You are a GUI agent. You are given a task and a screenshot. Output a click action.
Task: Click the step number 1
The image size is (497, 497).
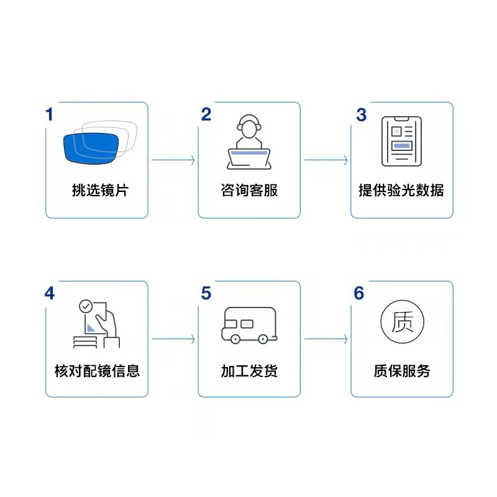(50, 114)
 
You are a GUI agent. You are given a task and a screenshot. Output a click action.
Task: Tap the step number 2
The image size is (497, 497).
(206, 114)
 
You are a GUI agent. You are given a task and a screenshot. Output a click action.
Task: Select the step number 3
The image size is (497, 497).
(361, 115)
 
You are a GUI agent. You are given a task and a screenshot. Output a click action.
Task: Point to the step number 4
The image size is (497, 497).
(50, 293)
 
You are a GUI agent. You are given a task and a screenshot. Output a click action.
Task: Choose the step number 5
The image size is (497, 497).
(206, 293)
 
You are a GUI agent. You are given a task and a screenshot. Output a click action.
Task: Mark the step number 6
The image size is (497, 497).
(359, 293)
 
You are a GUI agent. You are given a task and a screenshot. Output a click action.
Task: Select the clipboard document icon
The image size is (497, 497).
(401, 142)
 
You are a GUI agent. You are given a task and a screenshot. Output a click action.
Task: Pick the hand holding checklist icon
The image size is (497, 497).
(97, 324)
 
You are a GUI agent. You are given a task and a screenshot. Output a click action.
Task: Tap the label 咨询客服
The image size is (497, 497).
(249, 190)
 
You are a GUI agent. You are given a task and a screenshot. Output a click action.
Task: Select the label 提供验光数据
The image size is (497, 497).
(401, 190)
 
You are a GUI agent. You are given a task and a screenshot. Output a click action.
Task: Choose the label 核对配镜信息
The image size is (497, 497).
(97, 371)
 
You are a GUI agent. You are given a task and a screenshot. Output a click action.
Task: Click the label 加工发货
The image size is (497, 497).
(249, 371)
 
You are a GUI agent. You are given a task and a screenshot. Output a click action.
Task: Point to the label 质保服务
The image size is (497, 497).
(402, 371)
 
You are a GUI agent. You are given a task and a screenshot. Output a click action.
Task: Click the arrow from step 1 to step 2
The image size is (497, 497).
(173, 160)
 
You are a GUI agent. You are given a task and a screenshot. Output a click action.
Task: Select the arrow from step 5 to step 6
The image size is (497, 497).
(326, 339)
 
